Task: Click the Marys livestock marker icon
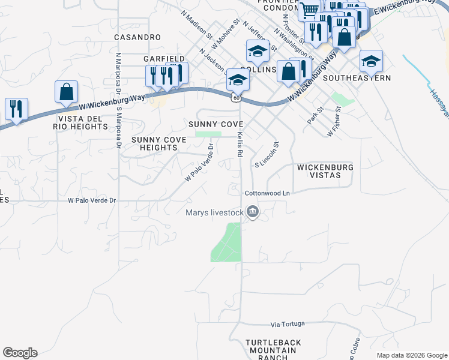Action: point(253,211)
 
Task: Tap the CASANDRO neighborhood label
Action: point(137,37)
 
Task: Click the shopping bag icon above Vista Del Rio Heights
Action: point(66,92)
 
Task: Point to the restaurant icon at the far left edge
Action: point(16,109)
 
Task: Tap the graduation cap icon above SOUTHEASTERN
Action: point(371,61)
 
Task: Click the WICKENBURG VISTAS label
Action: point(324,171)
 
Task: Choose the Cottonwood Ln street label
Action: point(267,193)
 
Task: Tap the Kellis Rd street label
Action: point(240,145)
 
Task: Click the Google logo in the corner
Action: point(20,353)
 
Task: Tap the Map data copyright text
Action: point(411,355)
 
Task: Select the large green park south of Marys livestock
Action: point(227,242)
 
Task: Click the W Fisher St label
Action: point(334,122)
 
